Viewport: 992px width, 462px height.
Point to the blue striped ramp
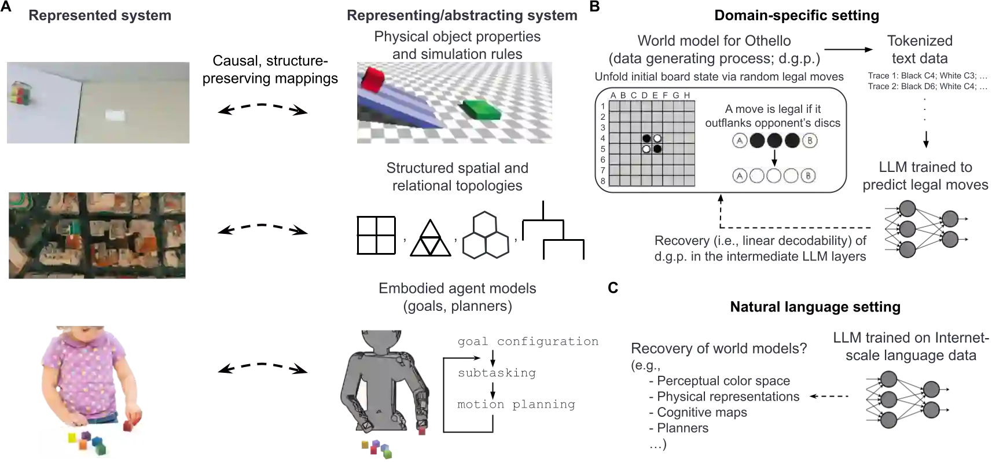click(x=399, y=107)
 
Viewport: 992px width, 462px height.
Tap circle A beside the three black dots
click(x=739, y=141)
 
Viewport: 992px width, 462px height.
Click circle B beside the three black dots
click(x=810, y=141)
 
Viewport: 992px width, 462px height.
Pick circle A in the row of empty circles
click(x=739, y=176)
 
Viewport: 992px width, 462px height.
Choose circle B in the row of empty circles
click(x=809, y=176)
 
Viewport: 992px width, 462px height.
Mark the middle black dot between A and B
click(x=774, y=141)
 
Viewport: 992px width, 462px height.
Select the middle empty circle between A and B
click(x=774, y=176)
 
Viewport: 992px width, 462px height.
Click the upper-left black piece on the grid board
click(x=647, y=138)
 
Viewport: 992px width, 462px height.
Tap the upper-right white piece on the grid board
click(x=657, y=138)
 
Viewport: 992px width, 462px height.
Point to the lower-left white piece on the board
click(x=647, y=149)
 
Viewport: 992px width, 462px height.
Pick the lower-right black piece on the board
click(x=657, y=149)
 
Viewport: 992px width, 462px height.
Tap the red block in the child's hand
click(x=131, y=424)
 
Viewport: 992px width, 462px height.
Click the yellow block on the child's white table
click(x=72, y=437)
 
